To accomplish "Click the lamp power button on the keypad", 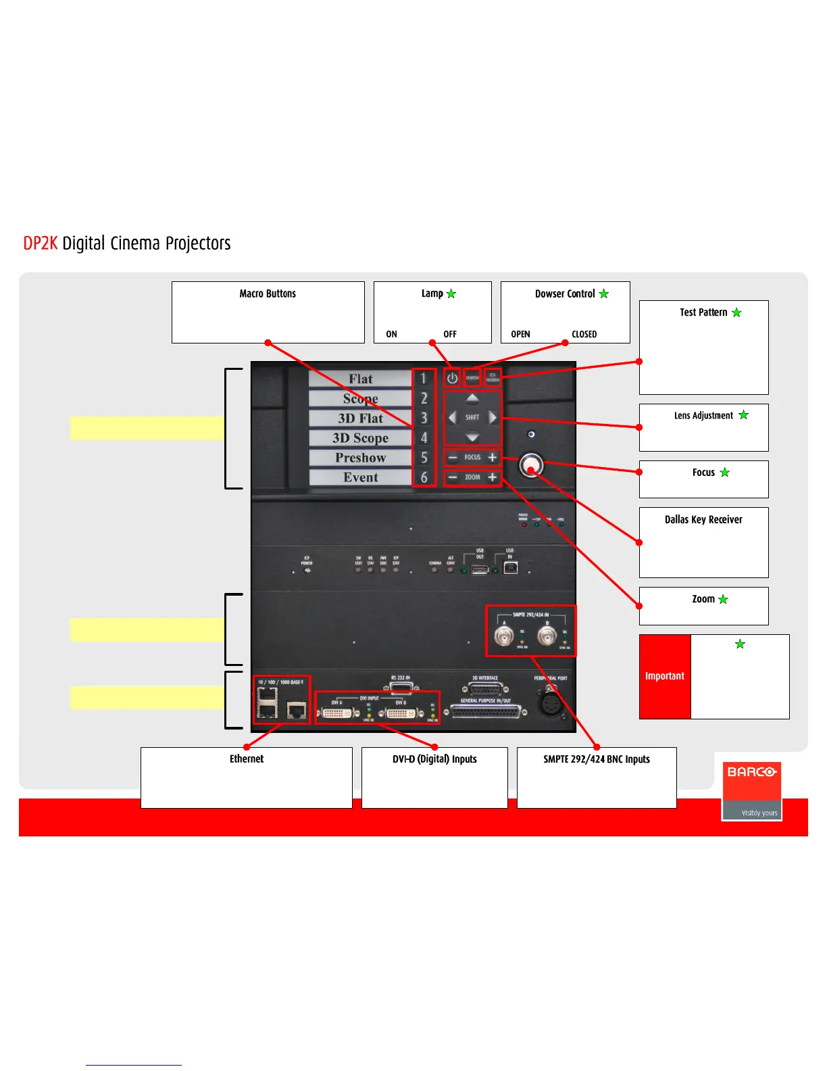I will [452, 378].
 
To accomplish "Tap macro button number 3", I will [424, 418].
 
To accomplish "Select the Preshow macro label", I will [360, 458].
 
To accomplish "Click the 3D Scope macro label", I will [360, 438].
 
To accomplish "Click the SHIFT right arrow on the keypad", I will [493, 417].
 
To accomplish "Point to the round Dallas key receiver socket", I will [531, 465].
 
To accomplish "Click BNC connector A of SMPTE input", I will [503, 636].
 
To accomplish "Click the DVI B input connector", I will [401, 713].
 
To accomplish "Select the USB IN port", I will [511, 568].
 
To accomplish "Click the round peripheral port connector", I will [551, 703].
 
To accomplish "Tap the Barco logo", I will [751, 772].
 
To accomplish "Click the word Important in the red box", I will [665, 676].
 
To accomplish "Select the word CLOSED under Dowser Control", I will [584, 334].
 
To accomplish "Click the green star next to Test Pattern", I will [736, 312].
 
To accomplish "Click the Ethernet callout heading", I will [247, 759].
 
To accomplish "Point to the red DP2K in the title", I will [41, 243].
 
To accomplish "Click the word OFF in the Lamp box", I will [450, 334].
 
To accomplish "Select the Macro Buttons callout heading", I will [268, 293].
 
